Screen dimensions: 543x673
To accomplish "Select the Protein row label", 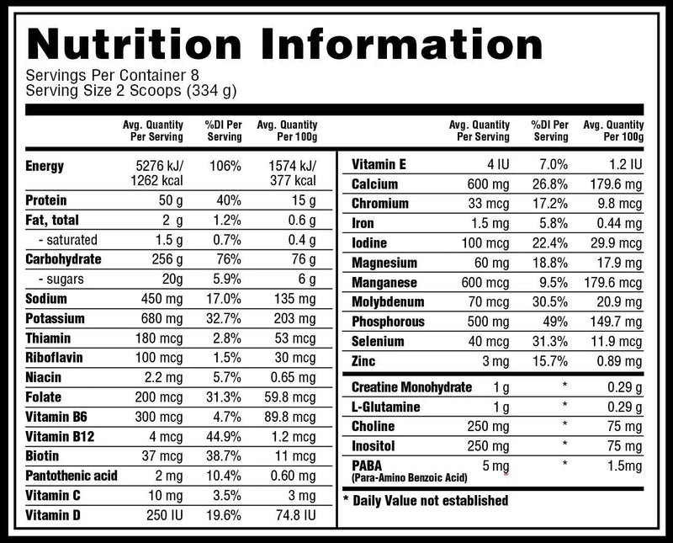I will [47, 200].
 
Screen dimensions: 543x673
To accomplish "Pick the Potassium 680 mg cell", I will [160, 318].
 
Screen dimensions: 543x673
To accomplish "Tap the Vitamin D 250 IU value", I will [164, 515].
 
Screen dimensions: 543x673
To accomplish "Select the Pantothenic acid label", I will [71, 476].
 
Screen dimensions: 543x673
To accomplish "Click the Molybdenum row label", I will [389, 302].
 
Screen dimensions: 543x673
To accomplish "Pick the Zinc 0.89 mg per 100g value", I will [619, 361].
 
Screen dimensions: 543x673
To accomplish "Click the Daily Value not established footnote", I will [426, 501].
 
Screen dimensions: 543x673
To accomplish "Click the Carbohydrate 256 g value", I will [164, 259].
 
